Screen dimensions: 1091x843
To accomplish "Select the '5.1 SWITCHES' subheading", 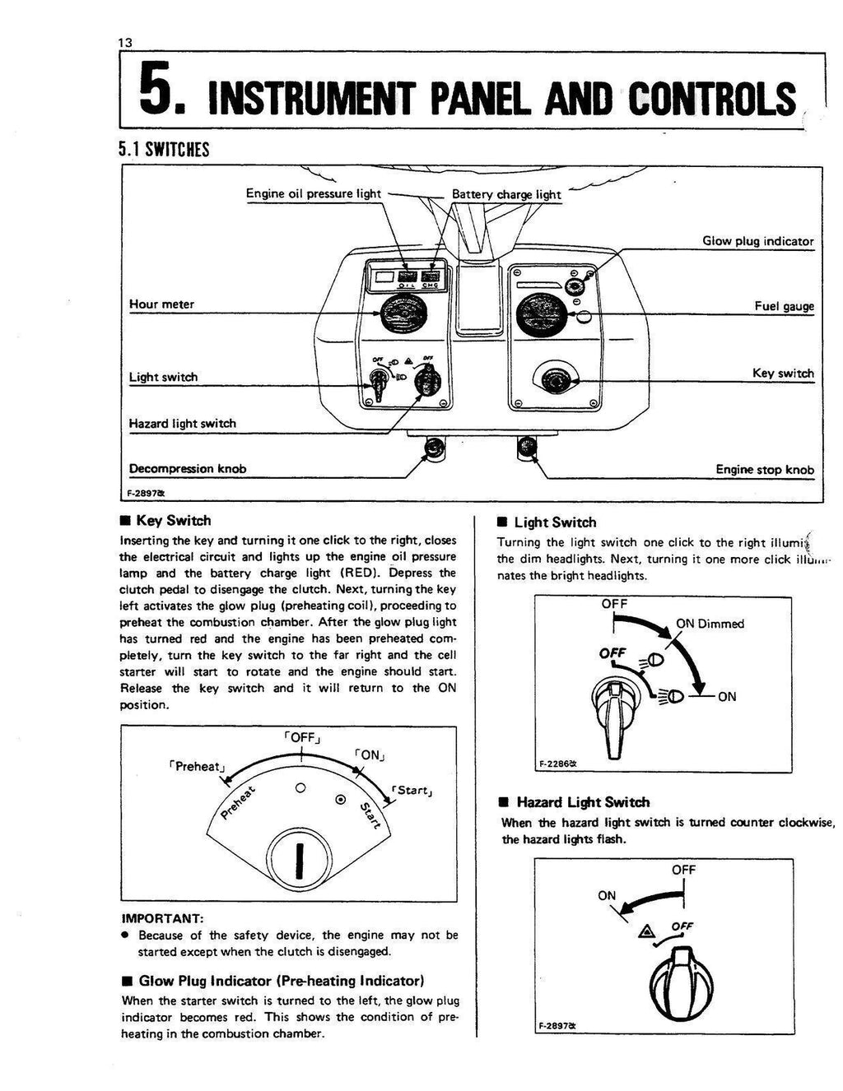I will pos(165,149).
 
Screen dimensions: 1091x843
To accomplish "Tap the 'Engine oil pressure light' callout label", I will pos(313,194).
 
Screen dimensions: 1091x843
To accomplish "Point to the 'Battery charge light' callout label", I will pos(506,195).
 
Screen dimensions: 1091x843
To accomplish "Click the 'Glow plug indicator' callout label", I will pos(757,242).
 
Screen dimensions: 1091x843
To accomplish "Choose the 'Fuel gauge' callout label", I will pos(784,306).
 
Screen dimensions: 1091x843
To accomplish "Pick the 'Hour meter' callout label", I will pos(161,304).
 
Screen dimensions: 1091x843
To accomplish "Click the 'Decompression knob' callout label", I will pos(188,469).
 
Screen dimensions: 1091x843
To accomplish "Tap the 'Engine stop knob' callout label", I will pos(764,470).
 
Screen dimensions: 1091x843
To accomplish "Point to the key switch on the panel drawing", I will pos(557,379).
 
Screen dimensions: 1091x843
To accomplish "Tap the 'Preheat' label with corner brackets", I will pos(195,766).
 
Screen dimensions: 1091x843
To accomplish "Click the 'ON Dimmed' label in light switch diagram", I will pos(710,624).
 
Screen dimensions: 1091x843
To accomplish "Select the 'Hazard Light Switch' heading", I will pos(583,802).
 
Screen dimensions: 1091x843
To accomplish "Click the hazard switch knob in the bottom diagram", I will pos(679,983).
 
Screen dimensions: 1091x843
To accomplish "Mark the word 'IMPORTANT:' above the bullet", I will pos(162,917).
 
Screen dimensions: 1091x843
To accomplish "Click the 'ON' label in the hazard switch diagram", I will pos(607,895).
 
